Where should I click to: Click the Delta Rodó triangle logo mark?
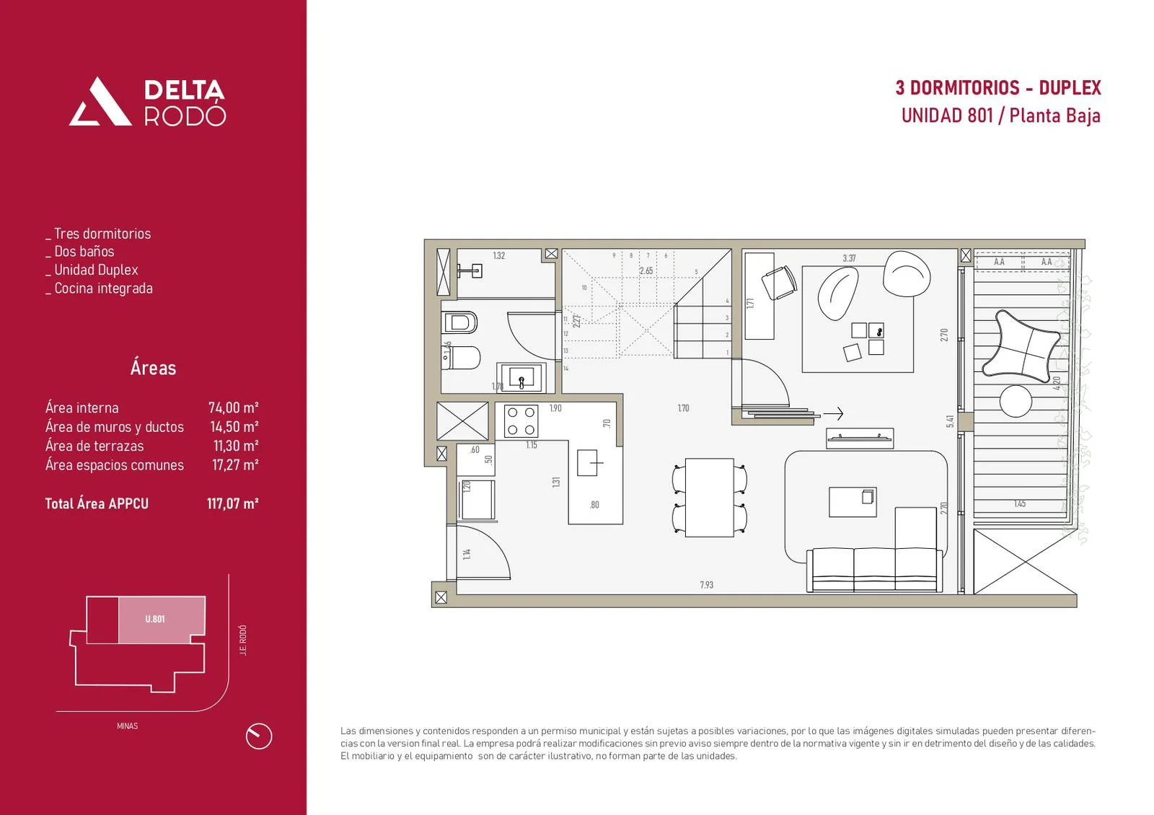pyautogui.click(x=100, y=103)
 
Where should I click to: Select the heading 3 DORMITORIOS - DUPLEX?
pyautogui.click(x=998, y=88)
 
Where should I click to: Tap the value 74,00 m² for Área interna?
pyautogui.click(x=233, y=407)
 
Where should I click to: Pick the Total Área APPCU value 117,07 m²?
pyautogui.click(x=232, y=503)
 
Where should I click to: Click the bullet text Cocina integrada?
pyautogui.click(x=103, y=288)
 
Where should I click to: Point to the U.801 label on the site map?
pyautogui.click(x=155, y=619)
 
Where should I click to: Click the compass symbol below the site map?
pyautogui.click(x=259, y=736)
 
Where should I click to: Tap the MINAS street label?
pyautogui.click(x=127, y=726)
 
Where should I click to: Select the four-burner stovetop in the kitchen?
pyautogui.click(x=521, y=421)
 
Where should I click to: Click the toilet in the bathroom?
pyautogui.click(x=461, y=357)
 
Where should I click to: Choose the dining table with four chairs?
pyautogui.click(x=709, y=498)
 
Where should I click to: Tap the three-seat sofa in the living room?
pyautogui.click(x=875, y=569)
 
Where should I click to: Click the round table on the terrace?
pyautogui.click(x=1016, y=401)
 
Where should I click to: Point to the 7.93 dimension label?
pyautogui.click(x=706, y=585)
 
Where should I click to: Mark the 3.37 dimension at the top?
pyautogui.click(x=849, y=258)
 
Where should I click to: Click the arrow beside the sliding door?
pyautogui.click(x=833, y=414)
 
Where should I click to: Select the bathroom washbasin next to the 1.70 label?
pyautogui.click(x=521, y=377)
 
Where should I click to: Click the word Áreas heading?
pyautogui.click(x=153, y=368)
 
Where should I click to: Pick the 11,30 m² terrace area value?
pyautogui.click(x=235, y=446)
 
